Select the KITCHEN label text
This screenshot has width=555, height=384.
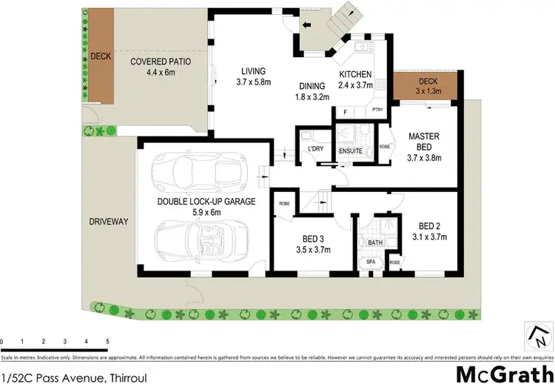pos(355,74)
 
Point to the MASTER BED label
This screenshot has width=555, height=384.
pos(424,141)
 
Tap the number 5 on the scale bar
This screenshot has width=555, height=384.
pos(107,341)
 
